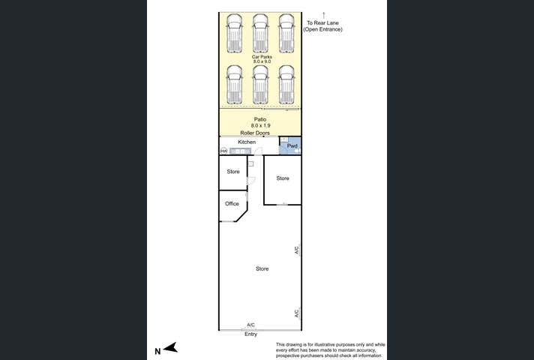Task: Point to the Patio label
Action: pyautogui.click(x=260, y=118)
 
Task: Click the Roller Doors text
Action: pyautogui.click(x=260, y=133)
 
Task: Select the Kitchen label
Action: pyautogui.click(x=247, y=142)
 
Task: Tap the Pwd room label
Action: pyautogui.click(x=292, y=146)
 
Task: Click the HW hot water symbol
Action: pyautogui.click(x=223, y=151)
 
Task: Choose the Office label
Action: pyautogui.click(x=232, y=203)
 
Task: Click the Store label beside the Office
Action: pyautogui.click(x=233, y=172)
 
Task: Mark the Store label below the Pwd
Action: pyautogui.click(x=282, y=178)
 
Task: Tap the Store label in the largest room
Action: pyautogui.click(x=262, y=268)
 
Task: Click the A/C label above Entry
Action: pyautogui.click(x=250, y=325)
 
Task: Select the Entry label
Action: pyautogui.click(x=250, y=334)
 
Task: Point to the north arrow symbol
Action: pyautogui.click(x=170, y=347)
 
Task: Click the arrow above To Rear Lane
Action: pyautogui.click(x=323, y=14)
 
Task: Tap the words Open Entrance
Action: pyautogui.click(x=322, y=30)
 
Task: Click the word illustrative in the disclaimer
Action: pyautogui.click(x=319, y=343)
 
